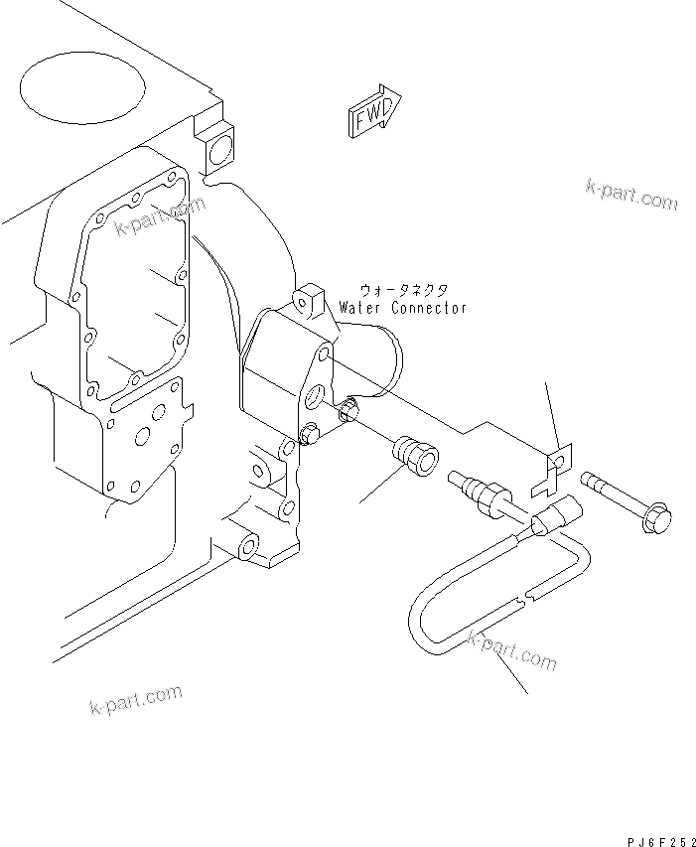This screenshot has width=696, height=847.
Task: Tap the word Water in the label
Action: click(x=358, y=308)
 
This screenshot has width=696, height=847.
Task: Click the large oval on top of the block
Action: click(x=82, y=87)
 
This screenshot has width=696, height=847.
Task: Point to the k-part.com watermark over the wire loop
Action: click(x=511, y=650)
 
